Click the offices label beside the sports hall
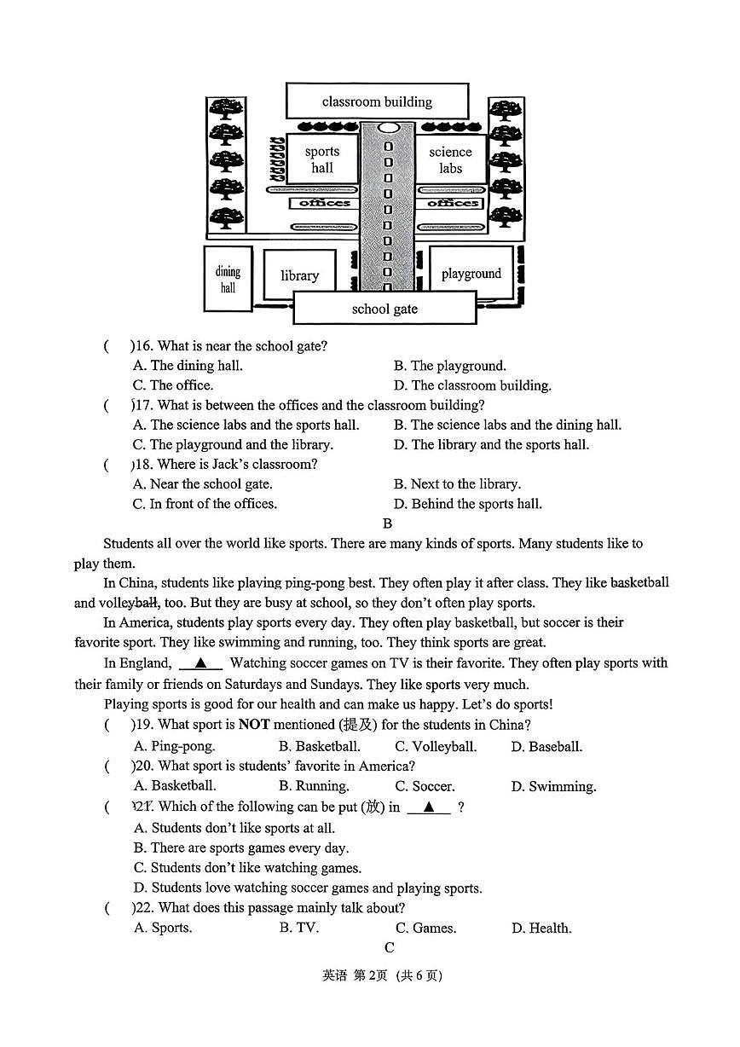tap(325, 203)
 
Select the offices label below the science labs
tap(453, 203)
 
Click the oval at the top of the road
tap(387, 128)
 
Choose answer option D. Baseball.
tap(547, 746)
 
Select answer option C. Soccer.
tap(425, 786)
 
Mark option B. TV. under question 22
tap(299, 928)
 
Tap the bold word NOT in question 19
tap(254, 724)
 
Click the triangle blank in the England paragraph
tap(200, 662)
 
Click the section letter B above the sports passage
tap(387, 523)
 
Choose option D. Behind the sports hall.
tap(468, 503)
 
